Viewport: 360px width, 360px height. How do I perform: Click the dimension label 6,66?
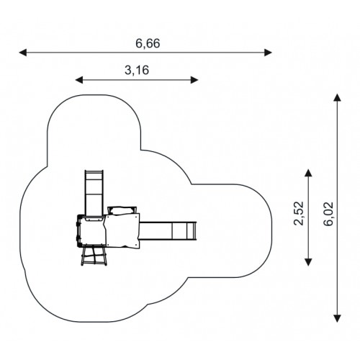point(148,44)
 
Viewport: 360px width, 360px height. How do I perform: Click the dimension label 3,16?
point(137,71)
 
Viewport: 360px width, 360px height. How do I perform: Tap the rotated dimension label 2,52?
point(299,213)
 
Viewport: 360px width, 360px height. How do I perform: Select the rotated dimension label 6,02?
point(328,214)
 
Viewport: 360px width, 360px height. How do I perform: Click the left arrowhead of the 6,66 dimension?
point(23,53)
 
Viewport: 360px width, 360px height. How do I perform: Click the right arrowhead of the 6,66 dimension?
point(268,53)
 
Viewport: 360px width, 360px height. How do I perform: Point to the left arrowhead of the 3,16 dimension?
point(79,80)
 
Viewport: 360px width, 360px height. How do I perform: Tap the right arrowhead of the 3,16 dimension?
point(194,80)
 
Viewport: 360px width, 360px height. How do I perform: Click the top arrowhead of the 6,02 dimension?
point(338,98)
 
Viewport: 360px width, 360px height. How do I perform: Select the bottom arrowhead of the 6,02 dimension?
point(338,318)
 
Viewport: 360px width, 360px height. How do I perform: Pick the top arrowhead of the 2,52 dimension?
point(308,173)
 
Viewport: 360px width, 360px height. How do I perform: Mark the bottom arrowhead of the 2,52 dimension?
point(308,262)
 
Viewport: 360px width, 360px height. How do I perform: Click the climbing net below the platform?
point(94,256)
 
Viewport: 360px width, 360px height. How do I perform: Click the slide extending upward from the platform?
point(94,193)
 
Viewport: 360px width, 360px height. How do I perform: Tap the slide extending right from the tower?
point(168,231)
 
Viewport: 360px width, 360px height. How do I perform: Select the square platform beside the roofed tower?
point(91,230)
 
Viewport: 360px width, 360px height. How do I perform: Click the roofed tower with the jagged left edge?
point(122,230)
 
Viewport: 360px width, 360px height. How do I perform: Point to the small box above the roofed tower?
point(122,210)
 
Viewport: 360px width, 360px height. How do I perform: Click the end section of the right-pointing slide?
point(192,231)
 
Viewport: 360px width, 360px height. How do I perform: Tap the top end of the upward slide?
point(94,171)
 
